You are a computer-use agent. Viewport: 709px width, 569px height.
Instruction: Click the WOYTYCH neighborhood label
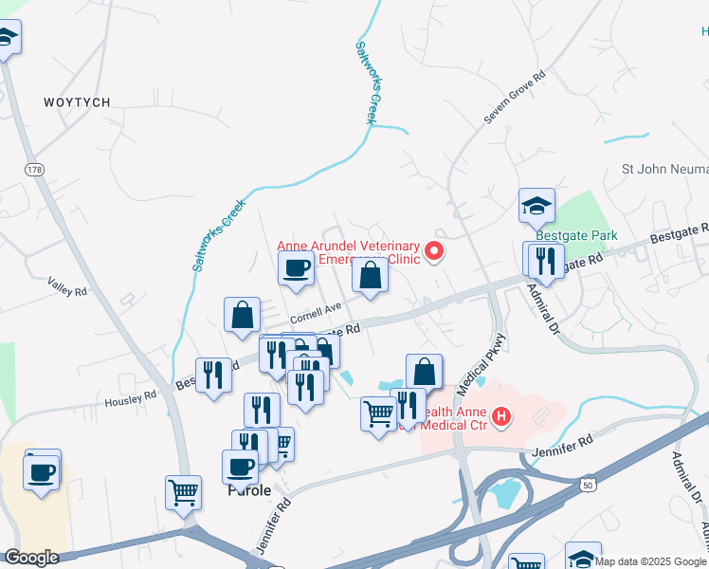[x=77, y=101]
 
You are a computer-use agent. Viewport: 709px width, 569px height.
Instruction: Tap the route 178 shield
[x=35, y=170]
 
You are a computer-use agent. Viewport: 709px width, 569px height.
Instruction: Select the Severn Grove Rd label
[x=515, y=98]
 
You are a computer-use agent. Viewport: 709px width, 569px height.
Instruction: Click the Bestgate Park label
[x=576, y=235]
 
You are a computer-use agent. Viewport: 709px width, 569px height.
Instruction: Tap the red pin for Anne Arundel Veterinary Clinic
[x=435, y=251]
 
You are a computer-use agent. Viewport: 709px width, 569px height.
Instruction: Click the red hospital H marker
[x=500, y=415]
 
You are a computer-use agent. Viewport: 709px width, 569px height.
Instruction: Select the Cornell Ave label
[x=315, y=309]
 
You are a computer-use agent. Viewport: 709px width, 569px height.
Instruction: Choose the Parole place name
[x=249, y=491]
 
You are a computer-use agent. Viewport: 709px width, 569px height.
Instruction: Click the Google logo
[x=31, y=558]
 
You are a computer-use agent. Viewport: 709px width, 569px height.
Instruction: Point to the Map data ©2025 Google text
[x=650, y=561]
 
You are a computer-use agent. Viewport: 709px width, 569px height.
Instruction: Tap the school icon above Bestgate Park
[x=536, y=205]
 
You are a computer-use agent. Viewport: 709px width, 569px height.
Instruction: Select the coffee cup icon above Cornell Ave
[x=296, y=268]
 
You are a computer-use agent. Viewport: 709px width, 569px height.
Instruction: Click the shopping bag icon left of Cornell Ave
[x=243, y=315]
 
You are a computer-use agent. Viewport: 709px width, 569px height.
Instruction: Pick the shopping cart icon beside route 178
[x=183, y=492]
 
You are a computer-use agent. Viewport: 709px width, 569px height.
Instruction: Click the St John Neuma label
[x=664, y=170]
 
